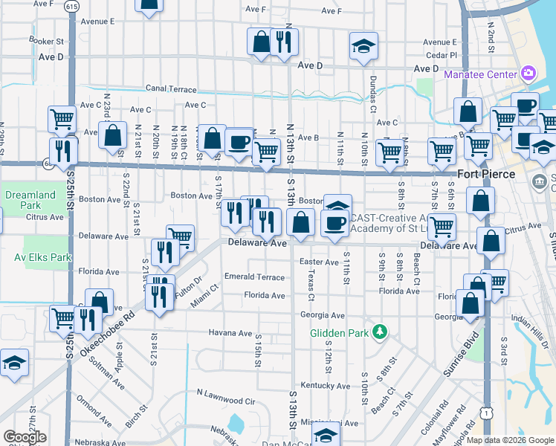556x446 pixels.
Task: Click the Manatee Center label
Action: coord(479,74)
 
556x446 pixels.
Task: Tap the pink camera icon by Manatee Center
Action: coord(528,73)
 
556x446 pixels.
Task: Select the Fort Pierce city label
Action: coord(486,174)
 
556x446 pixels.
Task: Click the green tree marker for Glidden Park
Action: coord(379,330)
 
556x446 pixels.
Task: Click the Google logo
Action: coord(25,437)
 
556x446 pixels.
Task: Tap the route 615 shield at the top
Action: coord(71,6)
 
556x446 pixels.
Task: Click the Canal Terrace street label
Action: coord(171,88)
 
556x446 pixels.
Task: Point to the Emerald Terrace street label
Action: coord(255,277)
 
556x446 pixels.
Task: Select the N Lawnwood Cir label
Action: coord(225,401)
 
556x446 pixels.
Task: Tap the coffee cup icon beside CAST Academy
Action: coord(334,222)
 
